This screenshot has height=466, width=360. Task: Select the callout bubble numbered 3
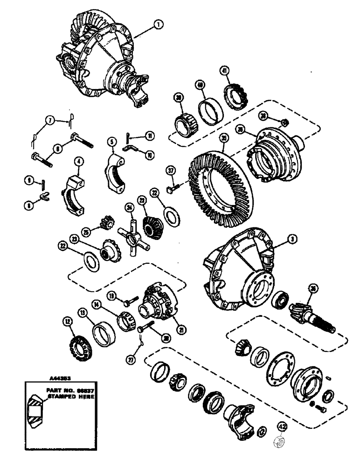[292, 239]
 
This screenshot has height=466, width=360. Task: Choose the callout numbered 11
[149, 136]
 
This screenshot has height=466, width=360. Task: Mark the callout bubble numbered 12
[69, 321]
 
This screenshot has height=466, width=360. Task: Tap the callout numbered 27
[129, 359]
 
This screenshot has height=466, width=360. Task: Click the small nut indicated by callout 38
[283, 123]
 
